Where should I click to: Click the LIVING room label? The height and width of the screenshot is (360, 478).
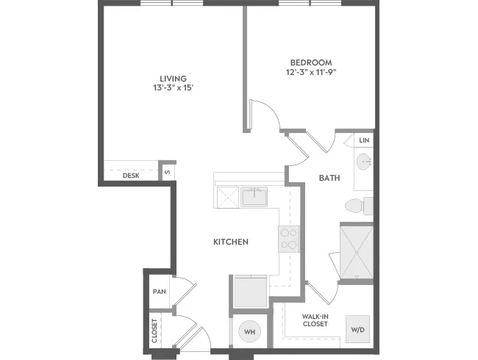click(174, 79)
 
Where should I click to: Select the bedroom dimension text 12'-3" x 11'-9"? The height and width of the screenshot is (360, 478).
click(311, 72)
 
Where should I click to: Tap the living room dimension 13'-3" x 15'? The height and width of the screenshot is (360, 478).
click(174, 88)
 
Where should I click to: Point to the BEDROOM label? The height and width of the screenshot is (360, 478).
click(311, 62)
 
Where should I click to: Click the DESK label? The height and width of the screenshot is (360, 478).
click(131, 176)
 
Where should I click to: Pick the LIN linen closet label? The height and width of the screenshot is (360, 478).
click(364, 140)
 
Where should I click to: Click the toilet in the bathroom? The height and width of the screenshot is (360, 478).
click(359, 206)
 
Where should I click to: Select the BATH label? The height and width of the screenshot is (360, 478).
click(329, 178)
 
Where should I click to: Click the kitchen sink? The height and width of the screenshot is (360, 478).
click(254, 197)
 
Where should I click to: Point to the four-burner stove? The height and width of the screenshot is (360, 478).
click(289, 239)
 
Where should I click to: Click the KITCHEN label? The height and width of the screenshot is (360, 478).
click(231, 242)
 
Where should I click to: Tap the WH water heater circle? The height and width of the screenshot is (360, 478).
click(250, 331)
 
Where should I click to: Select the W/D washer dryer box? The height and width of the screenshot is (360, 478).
click(357, 329)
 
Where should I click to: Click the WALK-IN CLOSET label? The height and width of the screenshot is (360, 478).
click(315, 320)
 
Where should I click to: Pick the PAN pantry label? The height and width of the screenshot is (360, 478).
click(160, 292)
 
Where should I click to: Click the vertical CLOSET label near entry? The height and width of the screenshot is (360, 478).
click(154, 331)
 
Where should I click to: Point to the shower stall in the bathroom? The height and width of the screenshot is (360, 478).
click(357, 251)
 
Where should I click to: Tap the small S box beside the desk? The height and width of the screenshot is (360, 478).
click(167, 172)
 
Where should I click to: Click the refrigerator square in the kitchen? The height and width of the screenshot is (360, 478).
click(251, 292)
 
